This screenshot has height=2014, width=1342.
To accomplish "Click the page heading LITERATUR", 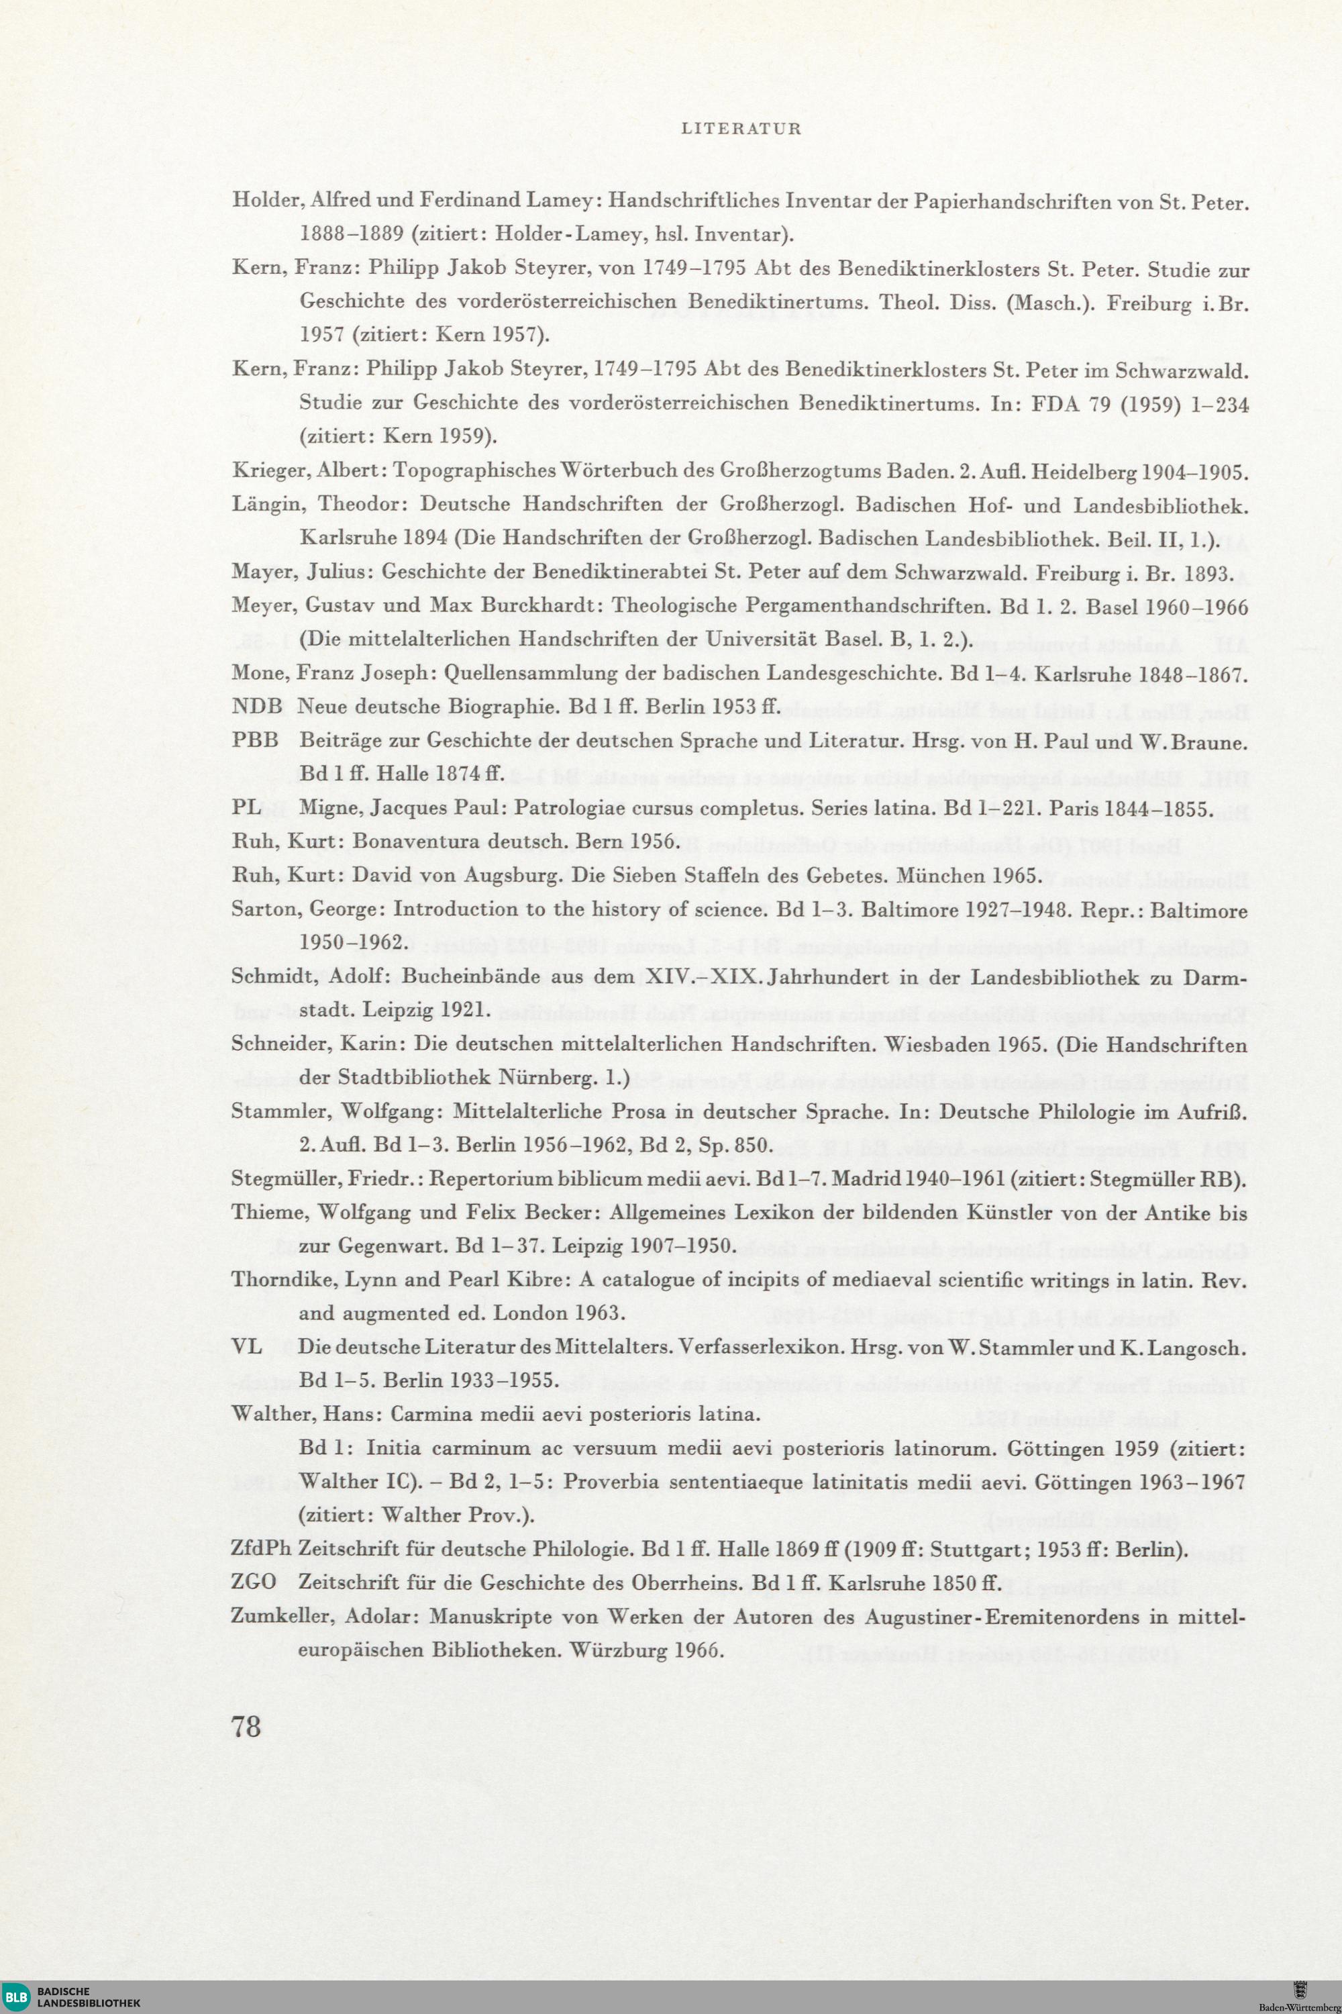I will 741,130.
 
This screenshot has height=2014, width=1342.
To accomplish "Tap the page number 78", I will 246,1725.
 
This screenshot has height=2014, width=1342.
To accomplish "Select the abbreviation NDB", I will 257,707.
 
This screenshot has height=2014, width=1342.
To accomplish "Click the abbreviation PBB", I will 256,740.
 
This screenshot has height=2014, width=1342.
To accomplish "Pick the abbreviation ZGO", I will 254,1582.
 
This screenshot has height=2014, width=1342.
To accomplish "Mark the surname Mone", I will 259,674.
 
